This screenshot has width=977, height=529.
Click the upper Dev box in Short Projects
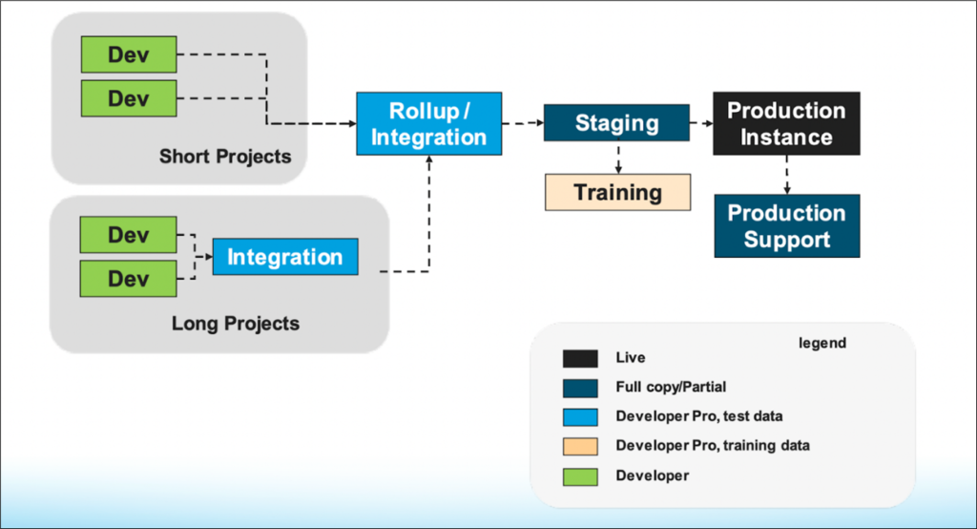(x=129, y=54)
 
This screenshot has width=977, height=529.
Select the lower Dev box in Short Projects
(x=129, y=98)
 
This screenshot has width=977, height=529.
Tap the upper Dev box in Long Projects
(x=129, y=235)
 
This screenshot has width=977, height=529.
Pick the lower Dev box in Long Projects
(x=129, y=279)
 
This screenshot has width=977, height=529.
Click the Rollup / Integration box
(x=428, y=123)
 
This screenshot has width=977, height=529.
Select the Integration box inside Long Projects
(x=284, y=257)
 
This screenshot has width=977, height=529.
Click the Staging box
(x=616, y=123)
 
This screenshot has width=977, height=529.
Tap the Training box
(x=616, y=192)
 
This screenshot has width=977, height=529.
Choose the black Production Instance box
(x=786, y=123)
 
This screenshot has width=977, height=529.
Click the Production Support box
(x=786, y=226)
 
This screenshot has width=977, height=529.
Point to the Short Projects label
(x=225, y=156)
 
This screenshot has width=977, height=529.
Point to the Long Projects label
(x=235, y=324)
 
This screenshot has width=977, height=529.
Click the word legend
(x=821, y=343)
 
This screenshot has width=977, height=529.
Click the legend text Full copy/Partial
(x=671, y=388)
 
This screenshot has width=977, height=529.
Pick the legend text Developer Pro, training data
(x=712, y=446)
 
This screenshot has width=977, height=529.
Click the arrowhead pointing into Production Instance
(x=708, y=123)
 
